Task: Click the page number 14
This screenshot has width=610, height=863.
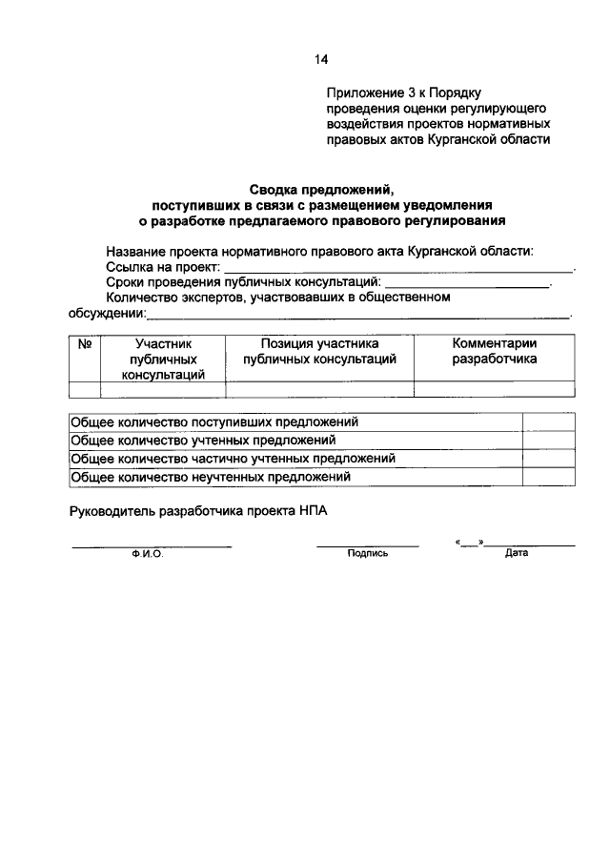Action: click(x=321, y=60)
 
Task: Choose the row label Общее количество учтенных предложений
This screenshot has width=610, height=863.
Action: click(x=204, y=441)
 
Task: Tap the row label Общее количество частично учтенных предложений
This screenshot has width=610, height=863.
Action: click(x=234, y=459)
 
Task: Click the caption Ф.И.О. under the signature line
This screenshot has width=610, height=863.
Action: click(x=148, y=553)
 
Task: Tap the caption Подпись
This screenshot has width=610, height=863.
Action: click(x=368, y=553)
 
